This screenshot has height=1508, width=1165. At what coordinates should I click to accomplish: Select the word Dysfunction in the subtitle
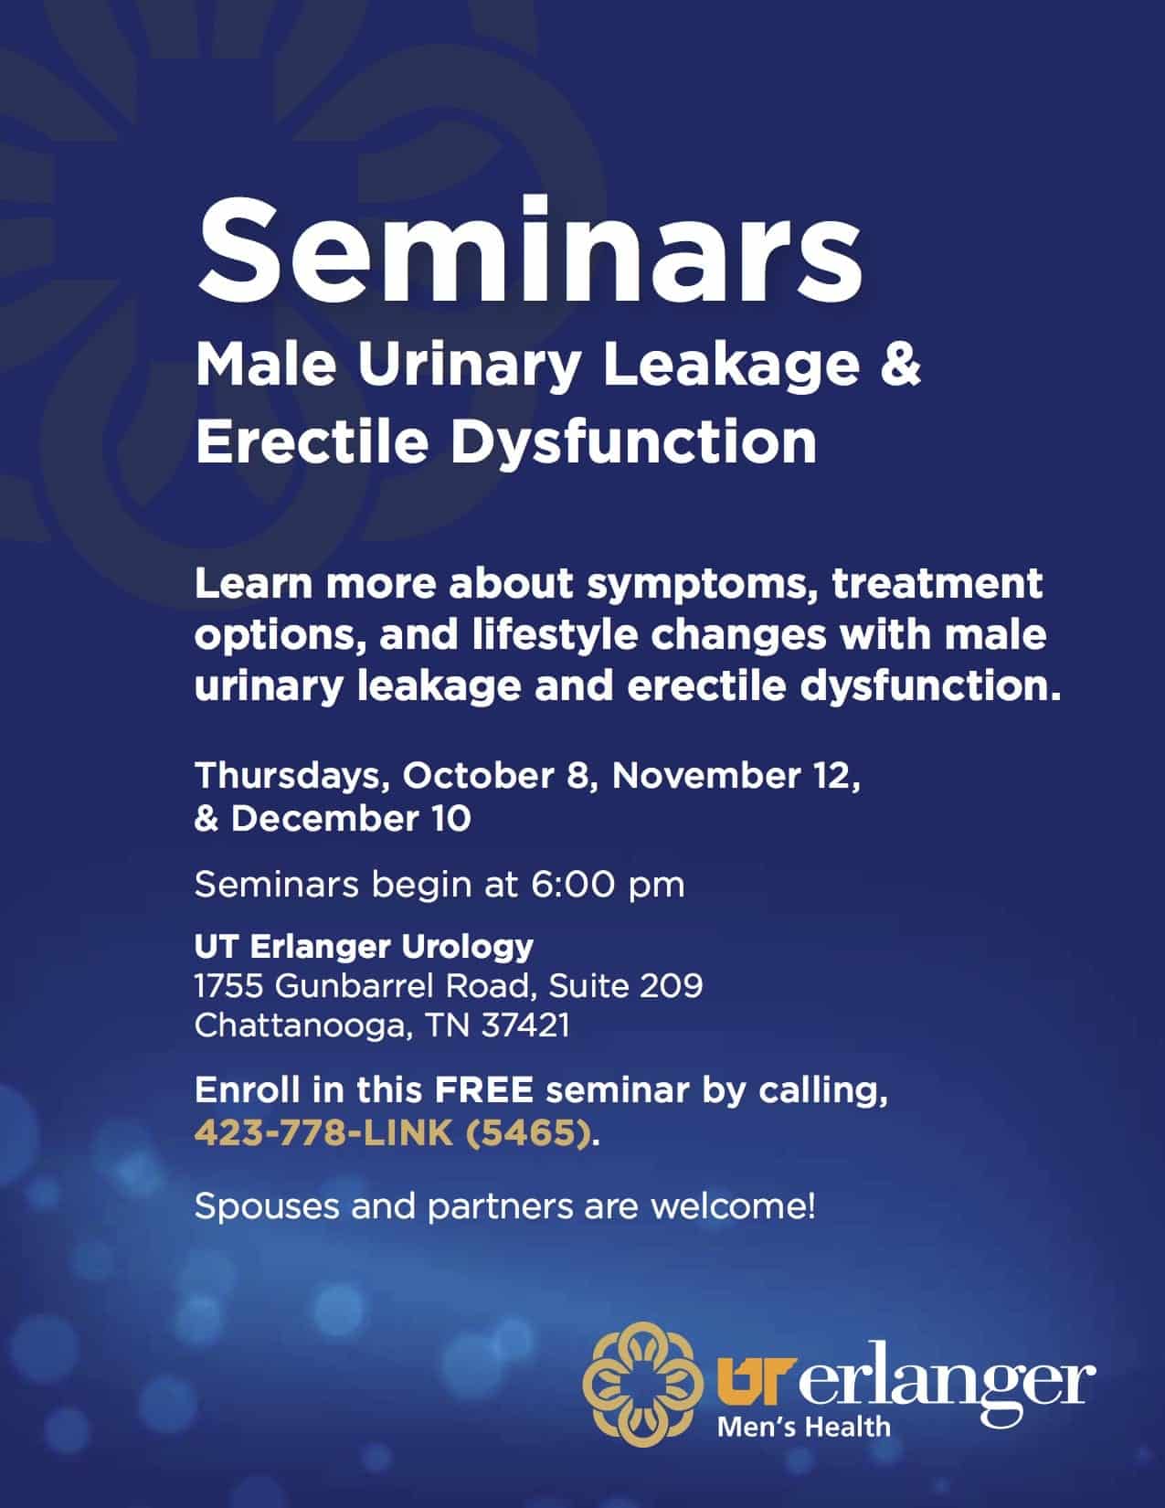tap(633, 443)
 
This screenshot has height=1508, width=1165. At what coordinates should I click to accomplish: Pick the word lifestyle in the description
tap(555, 636)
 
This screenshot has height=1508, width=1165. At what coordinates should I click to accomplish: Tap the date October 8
tap(497, 776)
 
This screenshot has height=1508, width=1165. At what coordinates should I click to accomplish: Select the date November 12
tap(736, 776)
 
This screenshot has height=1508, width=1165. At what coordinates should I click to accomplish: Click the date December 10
tap(351, 819)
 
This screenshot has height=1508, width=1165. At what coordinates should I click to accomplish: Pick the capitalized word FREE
tap(484, 1090)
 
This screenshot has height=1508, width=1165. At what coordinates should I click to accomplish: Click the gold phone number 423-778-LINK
tap(323, 1133)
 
